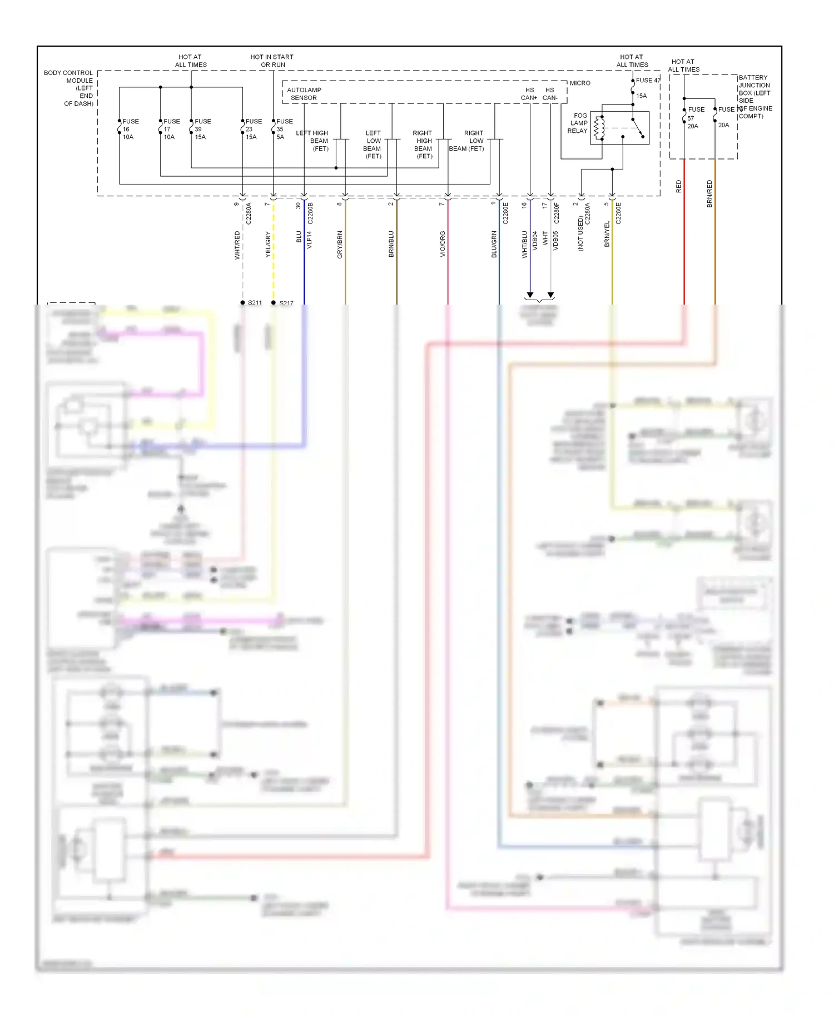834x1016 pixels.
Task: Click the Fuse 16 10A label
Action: [129, 129]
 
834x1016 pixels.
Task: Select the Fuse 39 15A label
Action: [202, 129]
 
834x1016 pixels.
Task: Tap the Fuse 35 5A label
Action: [284, 129]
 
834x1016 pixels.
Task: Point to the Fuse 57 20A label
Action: [694, 118]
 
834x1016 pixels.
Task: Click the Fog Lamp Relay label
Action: [578, 123]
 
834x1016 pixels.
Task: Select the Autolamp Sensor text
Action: [304, 94]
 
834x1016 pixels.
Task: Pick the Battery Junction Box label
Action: [754, 97]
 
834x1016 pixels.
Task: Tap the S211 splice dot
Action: [242, 302]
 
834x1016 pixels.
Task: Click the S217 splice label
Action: [286, 303]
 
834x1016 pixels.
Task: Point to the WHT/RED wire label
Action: [237, 245]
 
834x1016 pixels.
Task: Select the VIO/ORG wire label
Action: [443, 244]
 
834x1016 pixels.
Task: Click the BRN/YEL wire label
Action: [607, 234]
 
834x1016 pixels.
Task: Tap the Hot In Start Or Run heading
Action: [272, 61]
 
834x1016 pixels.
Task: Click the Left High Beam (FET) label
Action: [314, 141]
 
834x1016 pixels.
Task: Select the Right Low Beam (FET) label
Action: [468, 141]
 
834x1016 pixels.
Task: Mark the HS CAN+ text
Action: [529, 94]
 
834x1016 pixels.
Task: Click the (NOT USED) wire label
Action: [580, 234]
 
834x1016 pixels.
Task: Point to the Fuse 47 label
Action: [648, 81]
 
